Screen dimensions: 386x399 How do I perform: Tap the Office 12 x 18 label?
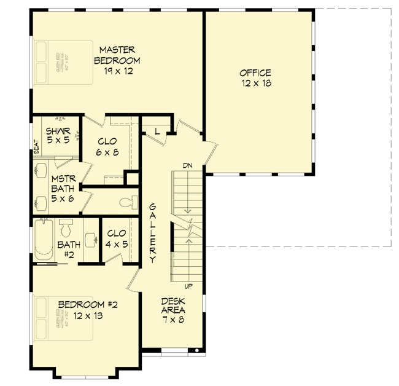(x=255, y=77)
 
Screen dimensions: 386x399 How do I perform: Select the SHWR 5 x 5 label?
(x=58, y=135)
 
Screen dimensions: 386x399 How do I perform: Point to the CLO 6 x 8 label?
(x=108, y=146)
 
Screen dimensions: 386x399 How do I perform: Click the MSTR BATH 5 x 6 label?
(x=62, y=188)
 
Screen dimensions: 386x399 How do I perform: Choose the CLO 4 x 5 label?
(x=117, y=238)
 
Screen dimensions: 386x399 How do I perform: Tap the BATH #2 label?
(x=66, y=249)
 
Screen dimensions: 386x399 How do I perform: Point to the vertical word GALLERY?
(x=152, y=233)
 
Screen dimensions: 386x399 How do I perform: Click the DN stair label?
(x=188, y=165)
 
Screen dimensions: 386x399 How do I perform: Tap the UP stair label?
(x=188, y=286)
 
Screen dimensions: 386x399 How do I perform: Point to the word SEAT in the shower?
(x=36, y=147)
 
